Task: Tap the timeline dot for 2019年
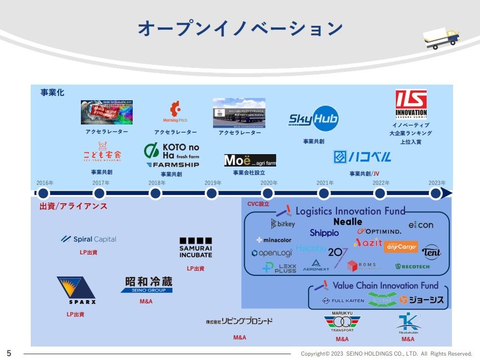click(x=211, y=193)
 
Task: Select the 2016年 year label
click(x=45, y=183)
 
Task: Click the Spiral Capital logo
click(x=88, y=239)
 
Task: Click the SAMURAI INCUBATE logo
click(x=195, y=248)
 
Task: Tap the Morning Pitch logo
click(x=175, y=113)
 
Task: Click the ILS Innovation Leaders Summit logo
click(x=411, y=105)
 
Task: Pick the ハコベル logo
click(x=362, y=157)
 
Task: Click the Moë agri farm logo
click(x=250, y=161)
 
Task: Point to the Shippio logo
click(x=324, y=233)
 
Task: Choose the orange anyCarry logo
click(x=401, y=247)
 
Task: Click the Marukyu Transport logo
click(x=342, y=323)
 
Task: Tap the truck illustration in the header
click(x=441, y=38)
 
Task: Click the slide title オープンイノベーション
click(x=240, y=28)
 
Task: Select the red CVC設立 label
click(x=258, y=204)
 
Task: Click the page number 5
click(x=9, y=353)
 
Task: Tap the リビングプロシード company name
click(x=239, y=322)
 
